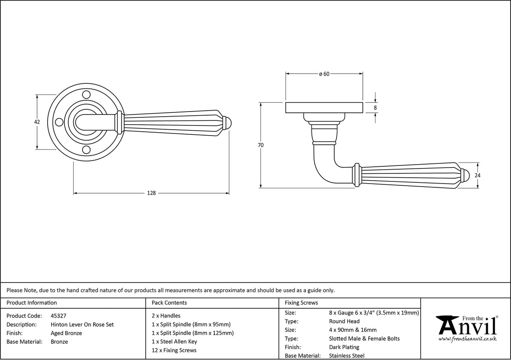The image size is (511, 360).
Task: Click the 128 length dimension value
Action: point(151,193)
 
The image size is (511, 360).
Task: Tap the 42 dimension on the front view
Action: point(37,122)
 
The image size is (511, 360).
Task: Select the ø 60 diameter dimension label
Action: point(324,74)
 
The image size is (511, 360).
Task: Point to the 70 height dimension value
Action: point(261,145)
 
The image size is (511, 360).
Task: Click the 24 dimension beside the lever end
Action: point(477,176)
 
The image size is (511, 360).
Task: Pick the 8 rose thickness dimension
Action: point(375,108)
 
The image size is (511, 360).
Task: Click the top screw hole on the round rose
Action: point(86,94)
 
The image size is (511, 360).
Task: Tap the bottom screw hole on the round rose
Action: point(86,150)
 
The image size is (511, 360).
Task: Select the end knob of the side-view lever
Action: point(464,176)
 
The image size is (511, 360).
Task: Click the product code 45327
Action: point(58,316)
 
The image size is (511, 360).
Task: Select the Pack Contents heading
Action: point(169,303)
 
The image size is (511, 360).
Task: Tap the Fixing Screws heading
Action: point(301,303)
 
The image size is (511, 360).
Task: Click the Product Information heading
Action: point(32,303)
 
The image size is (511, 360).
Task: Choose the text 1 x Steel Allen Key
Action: point(174,342)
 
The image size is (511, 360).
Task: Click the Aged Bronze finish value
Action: point(66,333)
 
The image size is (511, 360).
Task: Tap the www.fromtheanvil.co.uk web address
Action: point(467,339)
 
